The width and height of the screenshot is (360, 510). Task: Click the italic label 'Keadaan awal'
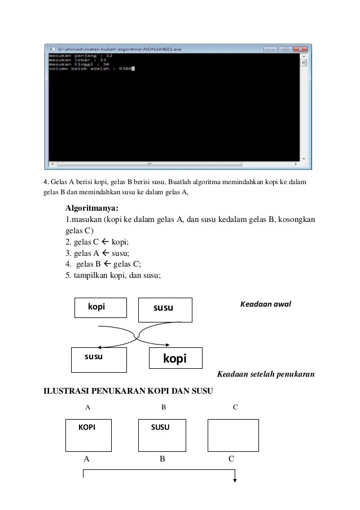(x=265, y=304)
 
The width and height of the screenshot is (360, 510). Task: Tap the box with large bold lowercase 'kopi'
(x=174, y=358)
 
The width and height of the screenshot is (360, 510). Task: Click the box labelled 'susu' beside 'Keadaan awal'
(x=165, y=310)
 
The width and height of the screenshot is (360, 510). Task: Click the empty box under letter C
(x=233, y=435)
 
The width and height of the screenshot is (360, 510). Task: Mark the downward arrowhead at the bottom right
(x=235, y=481)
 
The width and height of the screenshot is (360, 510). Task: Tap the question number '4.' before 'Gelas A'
(x=46, y=182)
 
